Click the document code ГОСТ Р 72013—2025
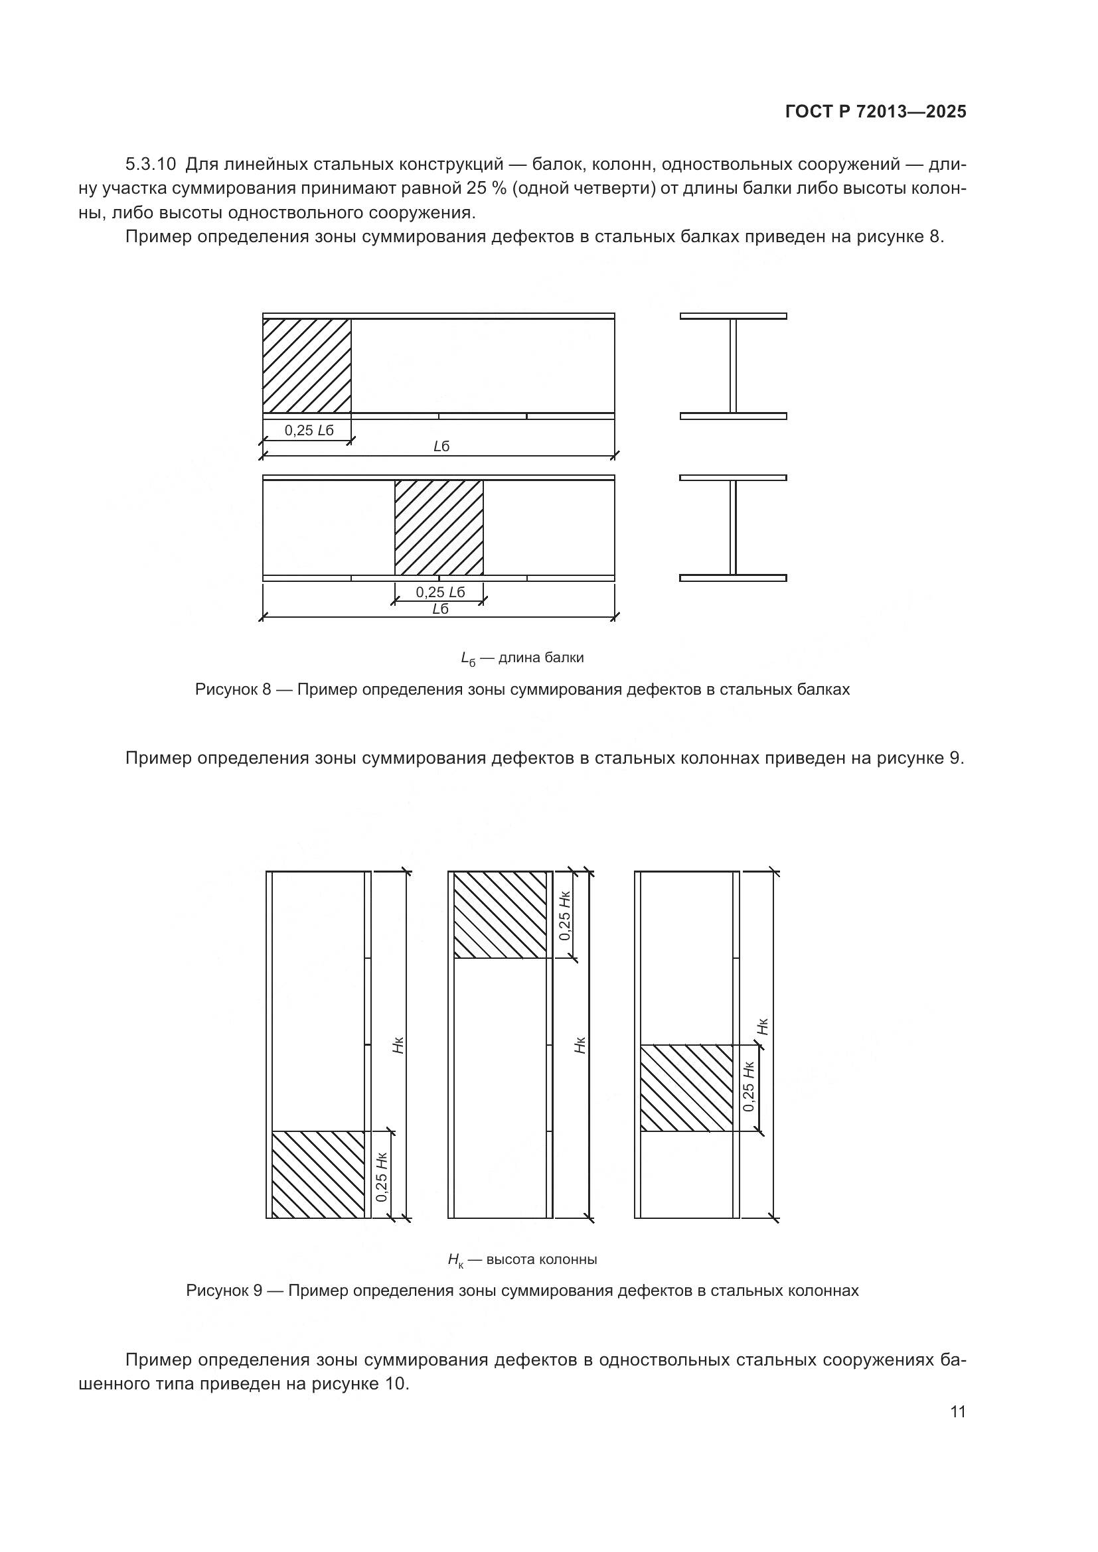pyautogui.click(x=876, y=112)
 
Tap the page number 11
pyautogui.click(x=957, y=1412)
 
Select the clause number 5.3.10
pyautogui.click(x=151, y=165)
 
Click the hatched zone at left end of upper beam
pyautogui.click(x=306, y=366)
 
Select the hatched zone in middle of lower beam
pyautogui.click(x=439, y=528)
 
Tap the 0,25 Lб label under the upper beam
pyautogui.click(x=309, y=431)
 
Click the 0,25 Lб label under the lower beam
pyautogui.click(x=440, y=592)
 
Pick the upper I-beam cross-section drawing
pyautogui.click(x=733, y=366)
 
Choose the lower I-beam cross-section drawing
pyautogui.click(x=733, y=528)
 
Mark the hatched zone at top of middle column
pyautogui.click(x=500, y=914)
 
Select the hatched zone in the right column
pyautogui.click(x=686, y=1088)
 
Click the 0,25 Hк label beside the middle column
pyautogui.click(x=565, y=916)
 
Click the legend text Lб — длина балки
pyautogui.click(x=522, y=658)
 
